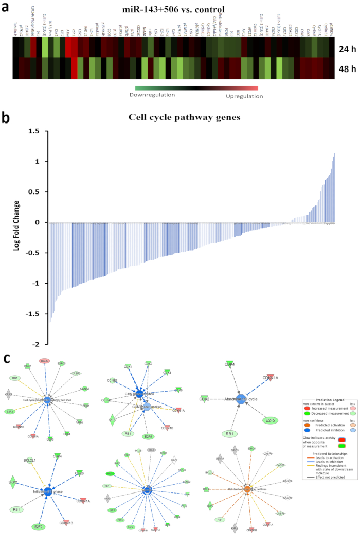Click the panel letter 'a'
pos(6,7)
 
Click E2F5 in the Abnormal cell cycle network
pos(269,420)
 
